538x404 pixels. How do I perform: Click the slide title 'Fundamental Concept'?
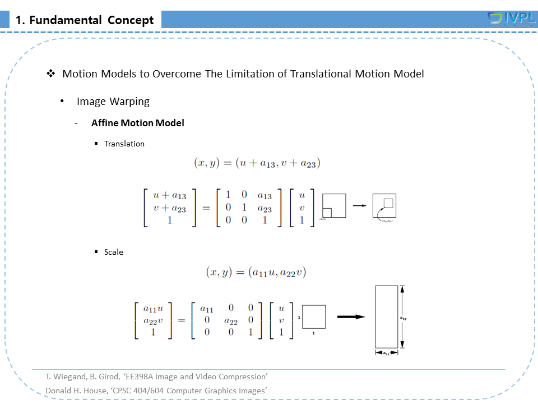coord(85,20)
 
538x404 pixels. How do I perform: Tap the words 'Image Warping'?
coord(113,102)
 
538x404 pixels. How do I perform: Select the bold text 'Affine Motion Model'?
coord(138,123)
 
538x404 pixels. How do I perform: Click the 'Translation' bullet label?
coord(124,144)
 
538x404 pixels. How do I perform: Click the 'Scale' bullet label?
coord(114,252)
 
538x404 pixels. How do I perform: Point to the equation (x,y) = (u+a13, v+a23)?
coord(257,163)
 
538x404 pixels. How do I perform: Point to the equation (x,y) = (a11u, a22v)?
coord(256,273)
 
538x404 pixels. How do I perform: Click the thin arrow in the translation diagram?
coord(359,205)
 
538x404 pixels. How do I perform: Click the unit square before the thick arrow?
coord(314,316)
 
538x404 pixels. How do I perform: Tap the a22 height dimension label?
coord(403,318)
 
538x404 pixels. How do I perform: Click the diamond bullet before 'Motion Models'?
coord(50,74)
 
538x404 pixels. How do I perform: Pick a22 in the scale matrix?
coord(230,320)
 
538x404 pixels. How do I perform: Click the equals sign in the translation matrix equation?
coord(206,208)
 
